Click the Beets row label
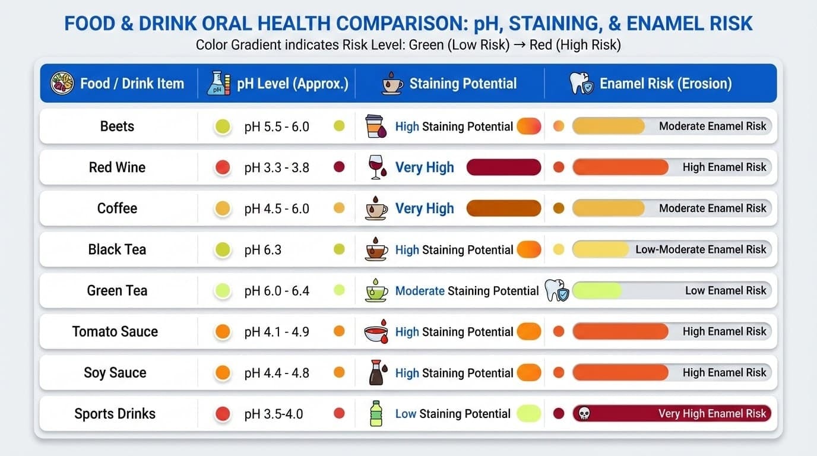pyautogui.click(x=117, y=126)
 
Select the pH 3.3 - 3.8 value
pyautogui.click(x=276, y=167)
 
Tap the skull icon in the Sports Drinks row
pyautogui.click(x=584, y=414)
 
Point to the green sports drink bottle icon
pyautogui.click(x=376, y=414)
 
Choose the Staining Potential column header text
pyautogui.click(x=463, y=84)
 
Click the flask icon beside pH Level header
pyautogui.click(x=218, y=84)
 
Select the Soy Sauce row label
pyautogui.click(x=115, y=373)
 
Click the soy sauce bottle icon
pyautogui.click(x=376, y=373)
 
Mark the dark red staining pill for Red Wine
pyautogui.click(x=503, y=167)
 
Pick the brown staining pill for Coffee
pyautogui.click(x=503, y=208)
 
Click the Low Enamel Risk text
pyautogui.click(x=726, y=291)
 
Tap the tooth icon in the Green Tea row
pyautogui.click(x=556, y=291)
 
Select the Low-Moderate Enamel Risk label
pyautogui.click(x=701, y=250)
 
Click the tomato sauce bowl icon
pyautogui.click(x=376, y=332)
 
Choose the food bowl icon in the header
pyautogui.click(x=62, y=84)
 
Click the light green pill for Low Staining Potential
pyautogui.click(x=528, y=414)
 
